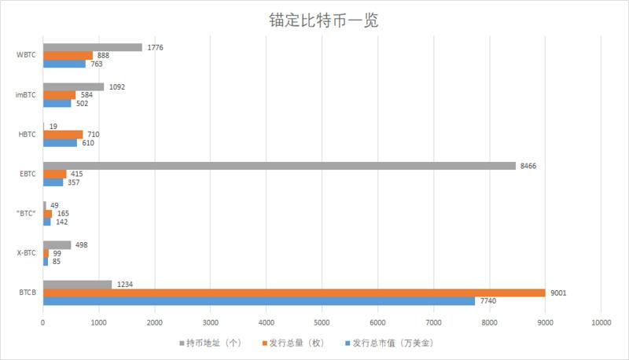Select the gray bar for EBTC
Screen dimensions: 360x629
point(279,166)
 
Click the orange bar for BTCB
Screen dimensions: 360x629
point(294,292)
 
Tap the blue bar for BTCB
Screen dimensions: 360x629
point(259,301)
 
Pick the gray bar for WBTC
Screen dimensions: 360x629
point(93,47)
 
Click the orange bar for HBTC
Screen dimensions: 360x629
point(63,134)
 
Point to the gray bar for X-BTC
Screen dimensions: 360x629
point(57,244)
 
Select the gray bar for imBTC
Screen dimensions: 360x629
point(73,86)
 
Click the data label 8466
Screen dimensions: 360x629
point(529,166)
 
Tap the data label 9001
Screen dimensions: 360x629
point(559,292)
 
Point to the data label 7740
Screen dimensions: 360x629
point(488,301)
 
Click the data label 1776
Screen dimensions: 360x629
point(156,47)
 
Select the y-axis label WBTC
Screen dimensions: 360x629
point(27,55)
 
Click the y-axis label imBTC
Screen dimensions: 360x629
point(27,95)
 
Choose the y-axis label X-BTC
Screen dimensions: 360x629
point(27,253)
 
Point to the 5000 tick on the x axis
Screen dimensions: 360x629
point(322,322)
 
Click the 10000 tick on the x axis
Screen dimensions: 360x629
point(601,322)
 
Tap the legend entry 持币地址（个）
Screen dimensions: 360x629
point(213,343)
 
